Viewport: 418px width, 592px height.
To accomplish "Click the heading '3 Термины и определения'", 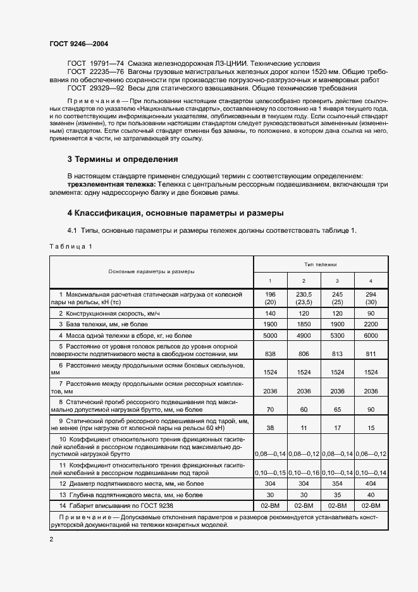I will [123, 159].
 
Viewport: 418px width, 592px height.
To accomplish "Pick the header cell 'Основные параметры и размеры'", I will [151, 271].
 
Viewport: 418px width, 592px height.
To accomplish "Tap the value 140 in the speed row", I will [270, 314].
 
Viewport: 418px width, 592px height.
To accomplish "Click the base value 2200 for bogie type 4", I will [370, 324].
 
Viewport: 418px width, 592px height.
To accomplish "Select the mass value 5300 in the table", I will [336, 335].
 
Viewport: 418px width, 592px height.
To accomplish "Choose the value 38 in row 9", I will [270, 428].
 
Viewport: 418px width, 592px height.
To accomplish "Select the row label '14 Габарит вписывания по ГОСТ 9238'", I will [116, 506].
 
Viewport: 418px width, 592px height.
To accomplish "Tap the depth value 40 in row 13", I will [370, 495].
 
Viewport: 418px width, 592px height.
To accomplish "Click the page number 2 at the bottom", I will [51, 539].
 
